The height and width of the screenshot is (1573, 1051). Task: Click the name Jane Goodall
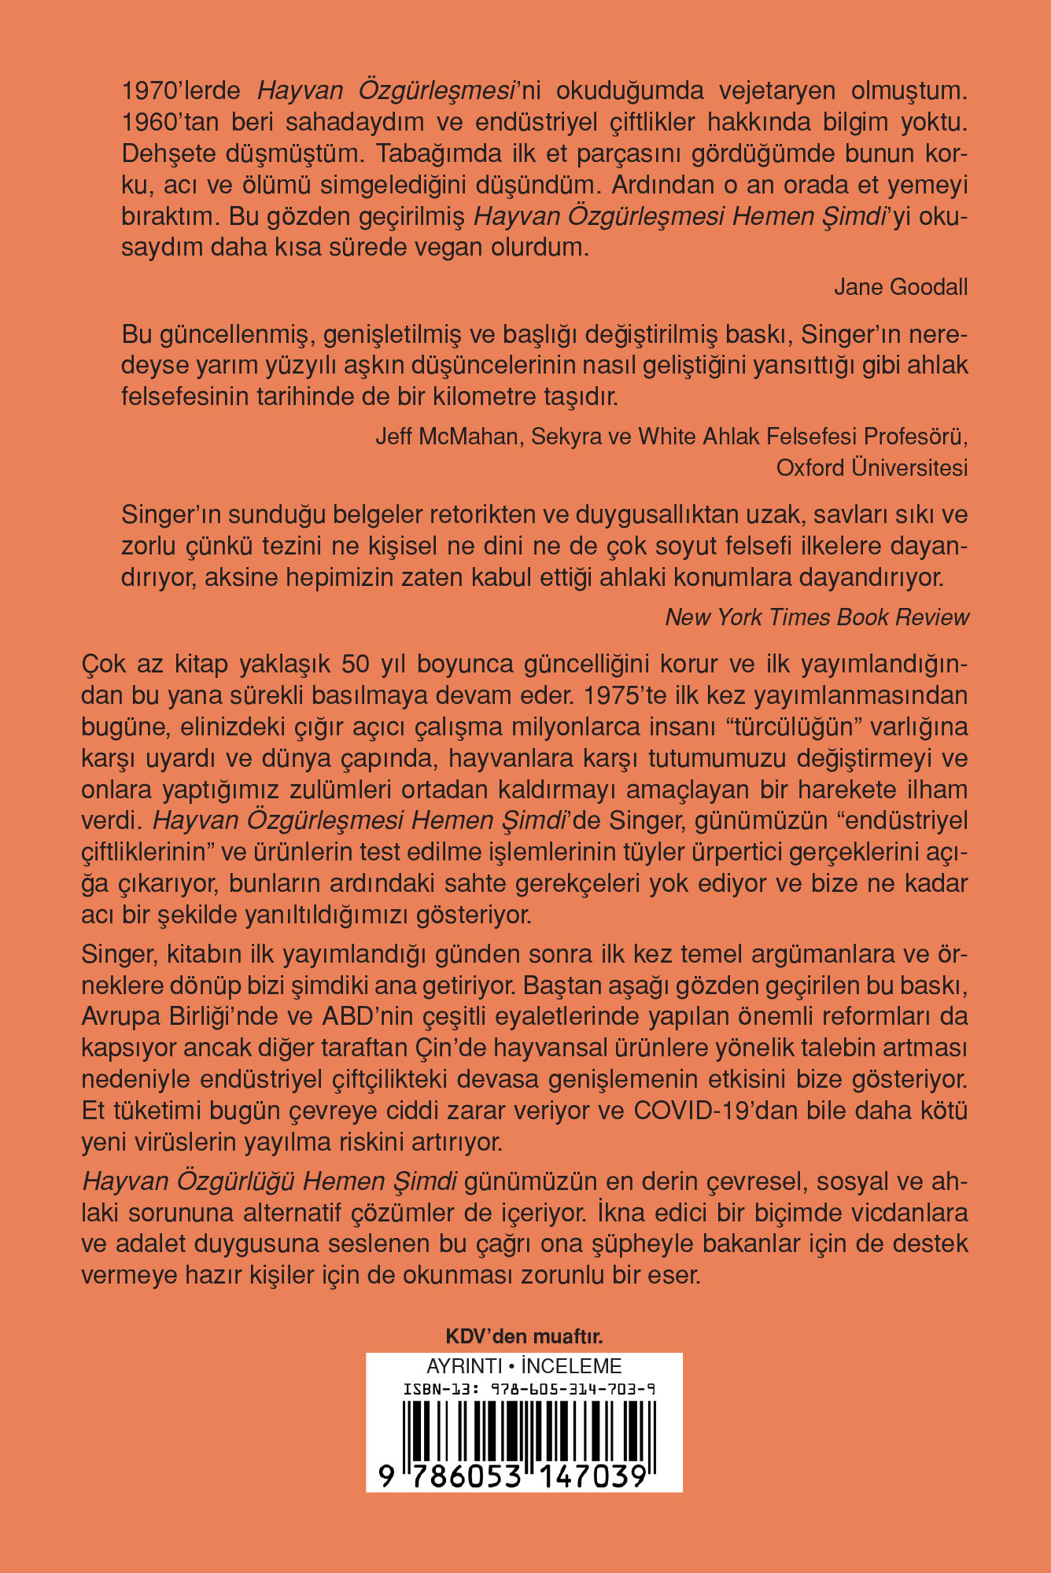tap(901, 287)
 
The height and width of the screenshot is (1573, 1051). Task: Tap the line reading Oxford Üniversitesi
tap(872, 468)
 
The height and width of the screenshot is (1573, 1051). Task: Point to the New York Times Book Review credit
tap(817, 617)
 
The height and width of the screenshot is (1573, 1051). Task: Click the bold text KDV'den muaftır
tap(524, 1336)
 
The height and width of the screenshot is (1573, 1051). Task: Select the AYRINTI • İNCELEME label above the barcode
tap(524, 1366)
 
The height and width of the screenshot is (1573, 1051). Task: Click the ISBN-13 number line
tap(529, 1389)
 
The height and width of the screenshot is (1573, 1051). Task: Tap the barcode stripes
tap(524, 1427)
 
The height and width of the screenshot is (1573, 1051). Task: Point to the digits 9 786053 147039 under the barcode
tap(513, 1476)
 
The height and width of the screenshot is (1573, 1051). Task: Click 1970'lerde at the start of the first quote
tap(181, 91)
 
